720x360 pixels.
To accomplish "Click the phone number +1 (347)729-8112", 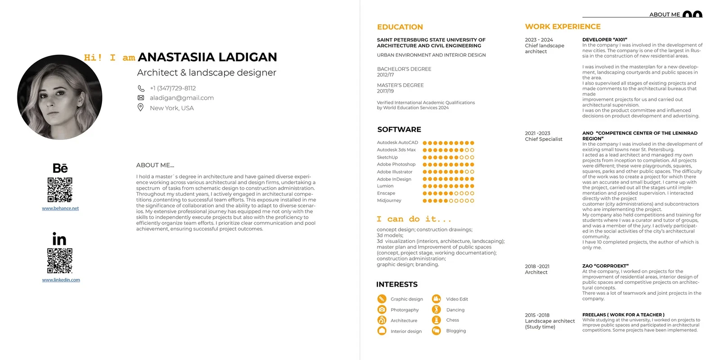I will coord(173,88).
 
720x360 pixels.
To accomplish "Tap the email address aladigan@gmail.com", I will coord(182,98).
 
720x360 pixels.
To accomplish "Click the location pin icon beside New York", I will coord(140,108).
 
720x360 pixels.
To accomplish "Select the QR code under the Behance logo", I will coord(60,189).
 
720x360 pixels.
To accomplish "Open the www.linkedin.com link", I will coord(61,280).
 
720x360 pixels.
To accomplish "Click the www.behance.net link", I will coord(60,208).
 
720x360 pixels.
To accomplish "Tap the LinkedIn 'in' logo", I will coord(59,239).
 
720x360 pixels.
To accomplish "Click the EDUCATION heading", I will coord(400,27).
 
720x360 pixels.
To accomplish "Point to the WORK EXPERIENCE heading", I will coord(562,27).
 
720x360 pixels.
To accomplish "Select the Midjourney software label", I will coord(389,201).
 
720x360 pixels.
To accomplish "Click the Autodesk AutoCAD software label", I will coord(397,143).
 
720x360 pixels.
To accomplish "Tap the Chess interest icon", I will coord(436,320).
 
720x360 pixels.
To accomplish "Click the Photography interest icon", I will coord(382,310).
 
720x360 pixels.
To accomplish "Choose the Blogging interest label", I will coord(456,331).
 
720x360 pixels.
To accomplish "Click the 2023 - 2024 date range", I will coord(539,40).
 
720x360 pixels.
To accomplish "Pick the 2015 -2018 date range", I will coord(537,315).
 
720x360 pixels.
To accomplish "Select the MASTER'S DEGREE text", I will coord(400,85).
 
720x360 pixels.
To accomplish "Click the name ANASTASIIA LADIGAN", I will coord(207,57).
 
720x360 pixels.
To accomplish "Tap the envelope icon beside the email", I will coord(140,98).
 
